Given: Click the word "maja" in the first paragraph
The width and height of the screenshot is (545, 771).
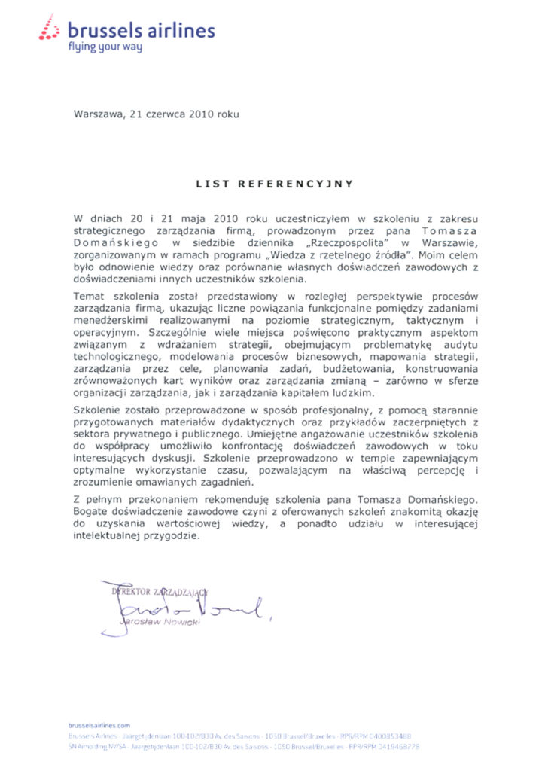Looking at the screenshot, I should pos(166,216).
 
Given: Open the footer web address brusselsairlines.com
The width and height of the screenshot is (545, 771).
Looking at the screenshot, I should pos(99,724).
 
